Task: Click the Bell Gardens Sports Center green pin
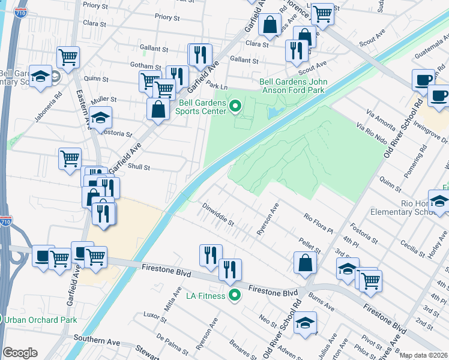click(235, 107)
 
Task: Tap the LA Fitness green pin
click(235, 295)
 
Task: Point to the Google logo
click(20, 353)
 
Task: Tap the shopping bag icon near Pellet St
click(306, 262)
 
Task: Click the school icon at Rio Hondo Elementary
click(439, 201)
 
